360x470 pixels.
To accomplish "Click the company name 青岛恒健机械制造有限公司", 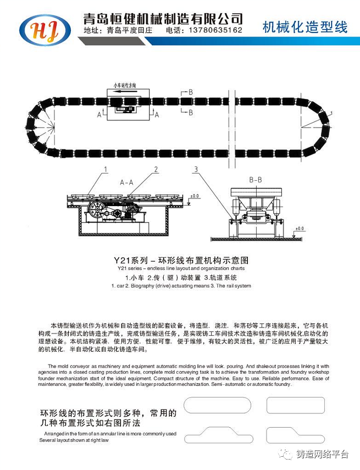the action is tap(163, 18).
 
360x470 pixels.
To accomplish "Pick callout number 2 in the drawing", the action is tap(156, 169).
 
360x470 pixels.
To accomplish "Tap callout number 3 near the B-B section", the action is tap(195, 169).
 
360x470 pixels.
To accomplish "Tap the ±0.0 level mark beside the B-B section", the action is tap(300, 227).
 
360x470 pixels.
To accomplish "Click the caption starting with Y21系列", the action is tap(181, 258).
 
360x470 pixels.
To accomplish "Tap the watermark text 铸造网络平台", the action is tap(322, 454).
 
